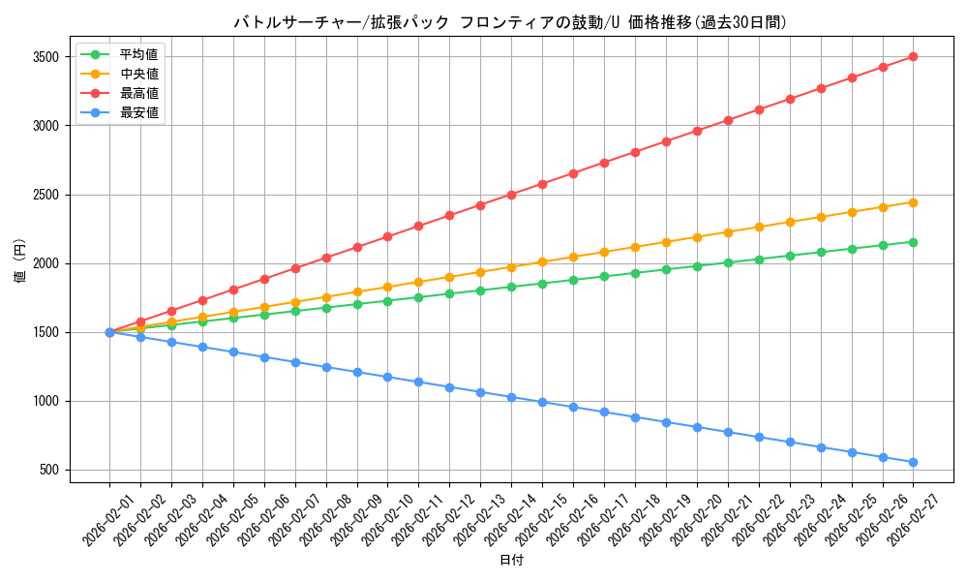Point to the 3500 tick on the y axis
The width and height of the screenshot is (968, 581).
(45, 57)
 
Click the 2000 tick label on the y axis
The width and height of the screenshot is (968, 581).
(45, 263)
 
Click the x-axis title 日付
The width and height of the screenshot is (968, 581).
(511, 561)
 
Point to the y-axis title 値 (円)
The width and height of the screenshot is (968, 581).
(20, 263)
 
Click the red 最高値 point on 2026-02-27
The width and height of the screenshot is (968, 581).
(913, 57)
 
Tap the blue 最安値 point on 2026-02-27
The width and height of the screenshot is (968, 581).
(913, 463)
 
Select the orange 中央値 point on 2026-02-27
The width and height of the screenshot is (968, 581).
(913, 202)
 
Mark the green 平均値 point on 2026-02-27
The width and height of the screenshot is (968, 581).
(913, 242)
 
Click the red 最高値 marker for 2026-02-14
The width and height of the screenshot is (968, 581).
(511, 195)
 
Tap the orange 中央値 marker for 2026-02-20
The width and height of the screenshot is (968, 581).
(697, 237)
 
